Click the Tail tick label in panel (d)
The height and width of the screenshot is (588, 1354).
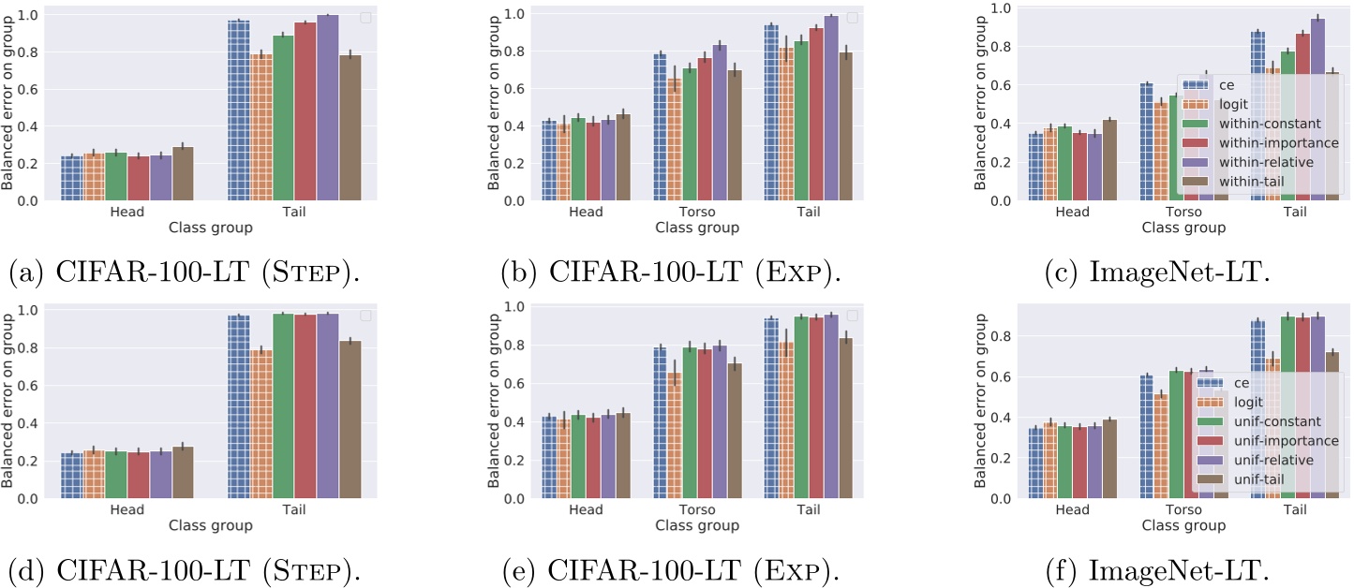(293, 511)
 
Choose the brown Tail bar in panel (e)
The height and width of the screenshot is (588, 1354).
(844, 418)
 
